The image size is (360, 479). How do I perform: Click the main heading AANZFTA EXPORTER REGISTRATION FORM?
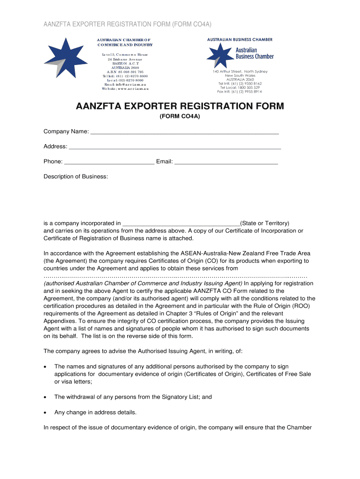(180, 106)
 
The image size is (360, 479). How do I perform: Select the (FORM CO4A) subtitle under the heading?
(180, 116)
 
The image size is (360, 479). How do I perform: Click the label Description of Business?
(76, 176)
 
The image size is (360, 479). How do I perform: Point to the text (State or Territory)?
(265, 223)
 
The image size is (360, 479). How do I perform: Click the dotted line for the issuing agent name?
(175, 276)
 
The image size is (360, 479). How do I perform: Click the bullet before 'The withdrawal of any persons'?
(45, 397)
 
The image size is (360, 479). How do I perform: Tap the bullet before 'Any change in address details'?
(45, 413)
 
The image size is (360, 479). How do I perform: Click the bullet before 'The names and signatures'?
(45, 367)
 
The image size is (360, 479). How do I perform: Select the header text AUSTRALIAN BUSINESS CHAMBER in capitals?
(240, 40)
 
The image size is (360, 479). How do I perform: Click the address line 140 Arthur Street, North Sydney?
(240, 72)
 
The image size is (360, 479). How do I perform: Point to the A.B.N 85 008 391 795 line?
(125, 72)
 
